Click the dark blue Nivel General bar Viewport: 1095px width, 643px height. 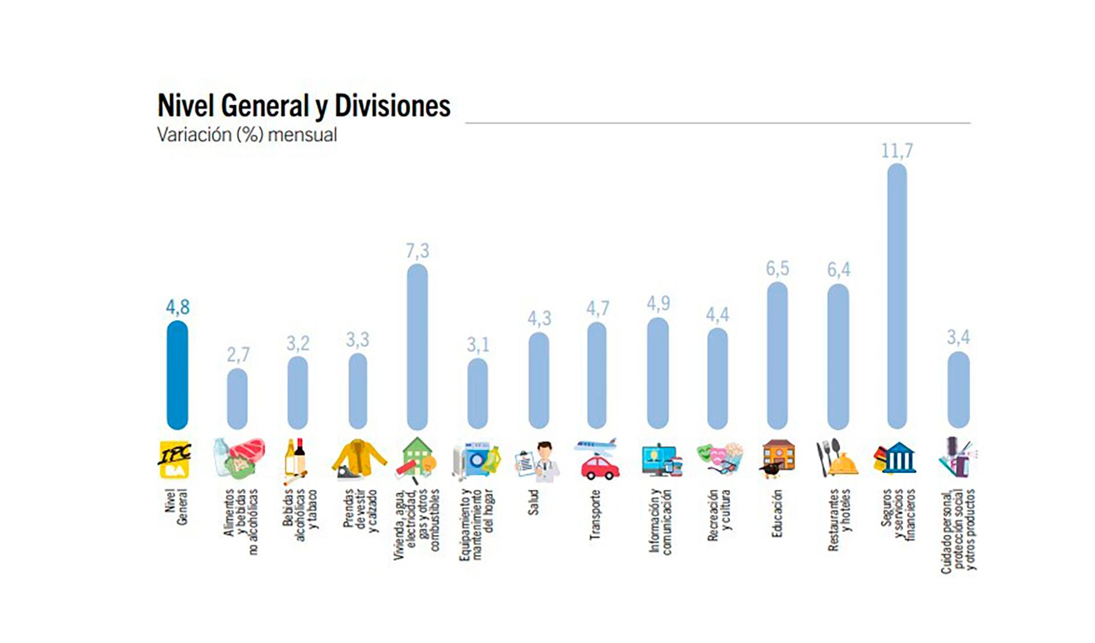(x=177, y=375)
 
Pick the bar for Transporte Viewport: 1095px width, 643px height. (x=597, y=375)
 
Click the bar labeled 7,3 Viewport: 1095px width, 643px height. (x=417, y=346)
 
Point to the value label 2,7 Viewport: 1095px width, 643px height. (x=238, y=355)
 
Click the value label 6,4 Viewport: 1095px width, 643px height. (x=838, y=269)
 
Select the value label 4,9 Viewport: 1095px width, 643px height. (x=658, y=304)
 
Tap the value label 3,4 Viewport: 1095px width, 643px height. (x=958, y=337)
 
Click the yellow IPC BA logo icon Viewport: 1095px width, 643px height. (x=175, y=459)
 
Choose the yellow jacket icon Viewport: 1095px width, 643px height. (x=359, y=458)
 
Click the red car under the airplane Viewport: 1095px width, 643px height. (x=599, y=467)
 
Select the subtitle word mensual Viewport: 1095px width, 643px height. (x=302, y=135)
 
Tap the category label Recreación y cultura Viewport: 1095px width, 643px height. (x=719, y=515)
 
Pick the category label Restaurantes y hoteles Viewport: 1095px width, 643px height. (x=839, y=519)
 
